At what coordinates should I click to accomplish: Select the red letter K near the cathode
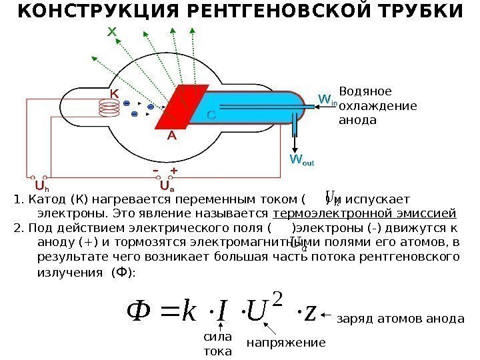115,95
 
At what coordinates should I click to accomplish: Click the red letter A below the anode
171,135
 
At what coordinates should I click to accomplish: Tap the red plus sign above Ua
174,171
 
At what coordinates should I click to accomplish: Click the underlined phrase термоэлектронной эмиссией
365,214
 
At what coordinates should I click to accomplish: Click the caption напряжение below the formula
286,343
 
